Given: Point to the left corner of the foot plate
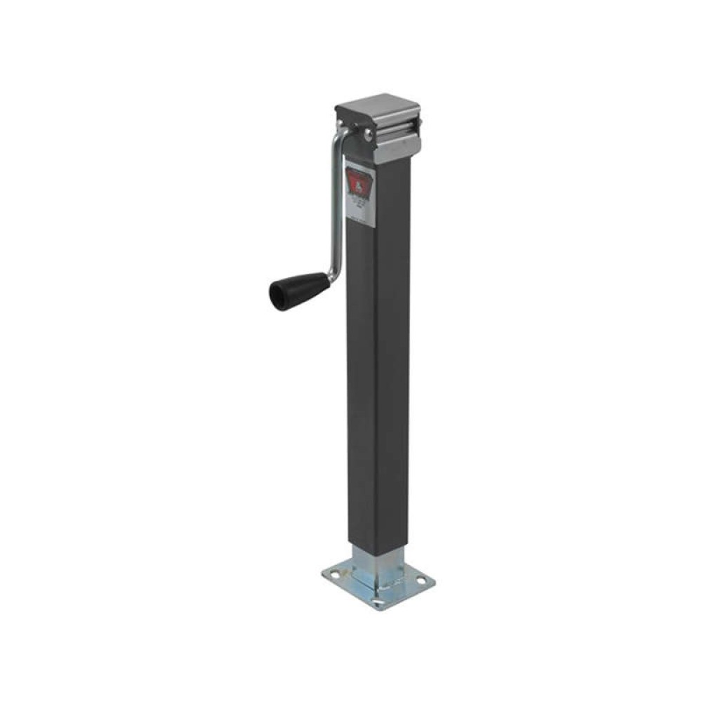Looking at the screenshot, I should click(324, 576).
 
